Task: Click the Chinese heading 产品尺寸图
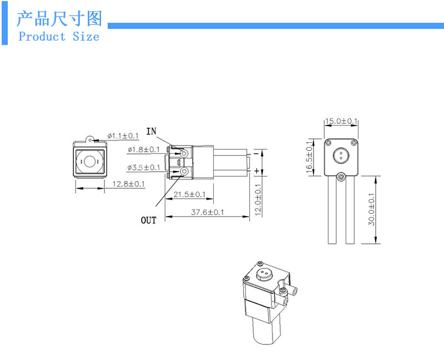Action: point(59,18)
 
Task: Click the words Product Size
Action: point(59,37)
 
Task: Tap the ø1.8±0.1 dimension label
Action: point(144,149)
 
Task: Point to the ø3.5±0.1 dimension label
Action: point(144,167)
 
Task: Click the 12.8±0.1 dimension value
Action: point(129,184)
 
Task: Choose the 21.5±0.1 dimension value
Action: point(190,194)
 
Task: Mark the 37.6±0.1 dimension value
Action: point(208,212)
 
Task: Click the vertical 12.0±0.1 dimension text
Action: point(258,201)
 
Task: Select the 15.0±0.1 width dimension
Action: point(341,121)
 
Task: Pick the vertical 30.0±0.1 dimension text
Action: point(371,209)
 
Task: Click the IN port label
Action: point(152,131)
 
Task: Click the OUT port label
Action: point(148,221)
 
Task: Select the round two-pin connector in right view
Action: point(341,153)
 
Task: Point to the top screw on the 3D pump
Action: point(259,262)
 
